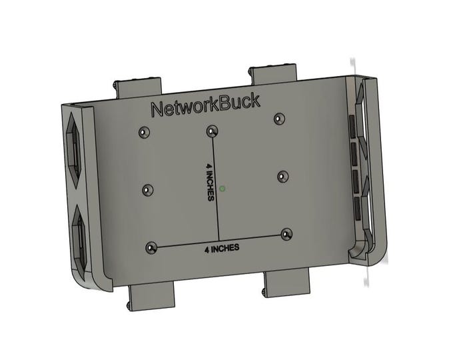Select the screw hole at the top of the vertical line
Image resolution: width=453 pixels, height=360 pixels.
point(212,130)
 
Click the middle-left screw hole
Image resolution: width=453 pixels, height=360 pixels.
point(148,190)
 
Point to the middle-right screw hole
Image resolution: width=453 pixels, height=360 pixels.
point(282,177)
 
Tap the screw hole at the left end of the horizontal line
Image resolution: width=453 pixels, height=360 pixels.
point(152,247)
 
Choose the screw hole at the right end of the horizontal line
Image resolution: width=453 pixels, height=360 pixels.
point(286,234)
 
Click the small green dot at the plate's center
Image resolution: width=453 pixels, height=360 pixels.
point(223,188)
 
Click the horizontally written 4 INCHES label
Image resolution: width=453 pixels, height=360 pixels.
point(222,248)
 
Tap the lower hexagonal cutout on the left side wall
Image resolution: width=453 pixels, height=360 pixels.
point(78,239)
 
